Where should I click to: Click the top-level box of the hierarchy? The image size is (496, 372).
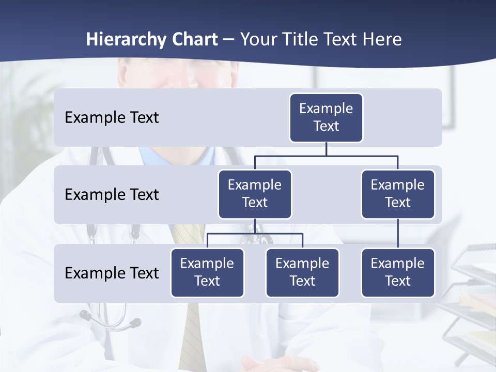pyautogui.click(x=326, y=117)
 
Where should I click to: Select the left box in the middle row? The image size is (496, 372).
pyautogui.click(x=255, y=194)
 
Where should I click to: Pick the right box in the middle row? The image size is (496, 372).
pyautogui.click(x=398, y=194)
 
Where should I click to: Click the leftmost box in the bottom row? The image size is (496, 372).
pyautogui.click(x=207, y=272)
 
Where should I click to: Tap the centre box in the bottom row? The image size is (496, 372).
pyautogui.click(x=302, y=272)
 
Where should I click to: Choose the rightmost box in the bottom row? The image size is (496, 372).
pyautogui.click(x=398, y=272)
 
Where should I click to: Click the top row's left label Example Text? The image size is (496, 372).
pyautogui.click(x=112, y=117)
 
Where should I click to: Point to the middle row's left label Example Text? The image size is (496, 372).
pyautogui.click(x=112, y=194)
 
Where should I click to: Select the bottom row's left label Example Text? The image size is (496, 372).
pyautogui.click(x=112, y=273)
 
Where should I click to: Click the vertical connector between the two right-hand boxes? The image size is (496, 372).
pyautogui.click(x=398, y=234)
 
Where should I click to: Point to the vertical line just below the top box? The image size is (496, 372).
pyautogui.click(x=326, y=149)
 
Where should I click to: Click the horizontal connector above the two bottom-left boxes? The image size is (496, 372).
pyautogui.click(x=255, y=234)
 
